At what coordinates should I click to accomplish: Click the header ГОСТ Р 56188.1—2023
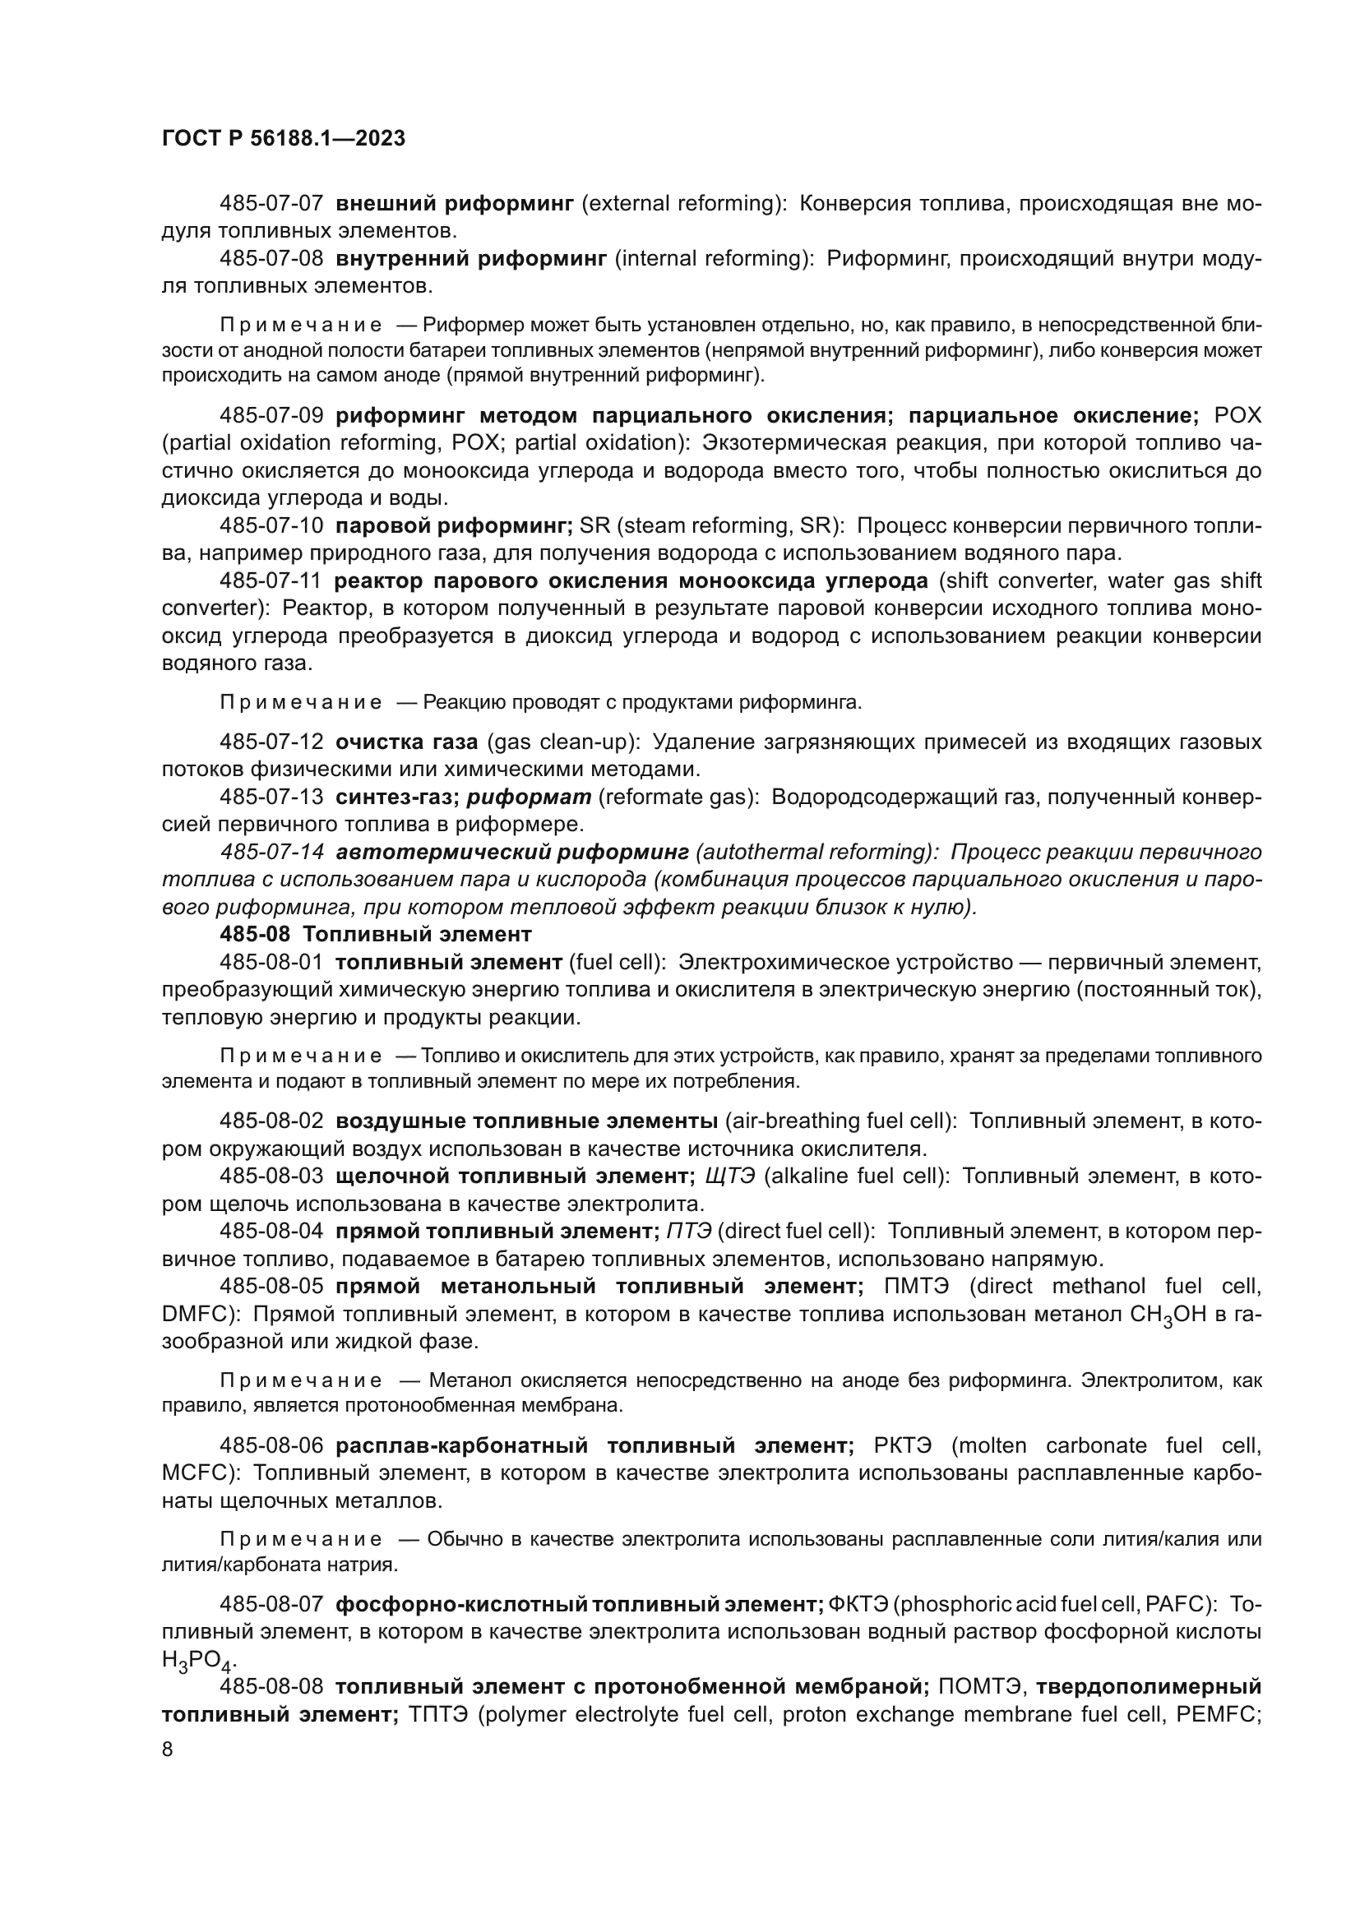283,139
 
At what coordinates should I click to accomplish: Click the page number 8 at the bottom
168,1750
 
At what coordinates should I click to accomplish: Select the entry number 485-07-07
271,204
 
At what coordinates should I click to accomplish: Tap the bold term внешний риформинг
454,204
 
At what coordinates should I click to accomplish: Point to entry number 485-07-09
271,415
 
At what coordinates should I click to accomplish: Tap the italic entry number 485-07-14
271,853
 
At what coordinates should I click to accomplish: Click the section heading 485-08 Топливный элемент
375,933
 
